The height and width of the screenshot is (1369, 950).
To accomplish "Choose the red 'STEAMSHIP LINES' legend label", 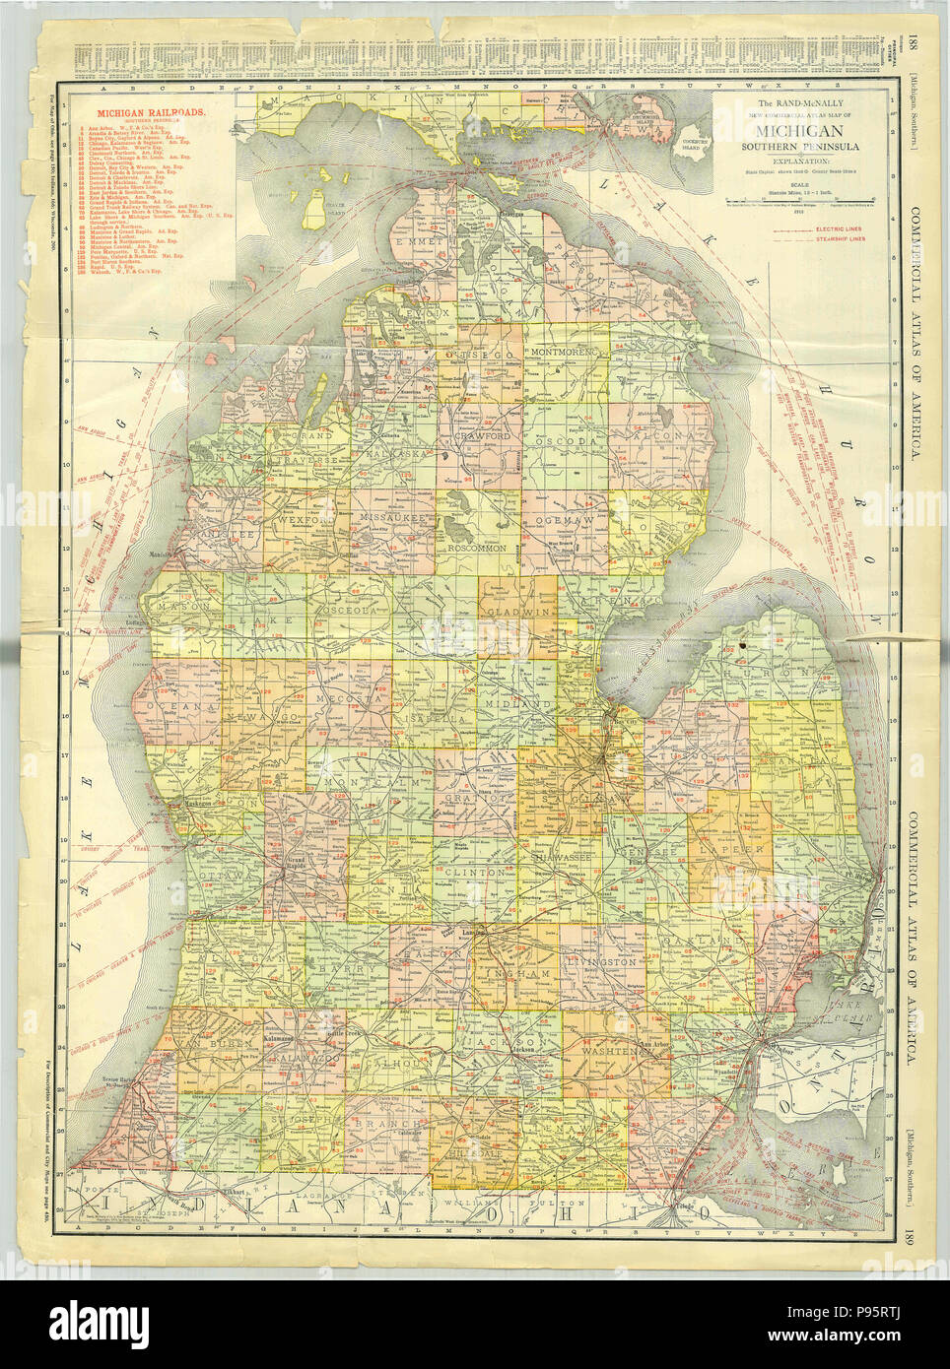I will pos(850,242).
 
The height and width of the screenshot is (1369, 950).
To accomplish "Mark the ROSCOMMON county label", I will pos(476,546).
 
